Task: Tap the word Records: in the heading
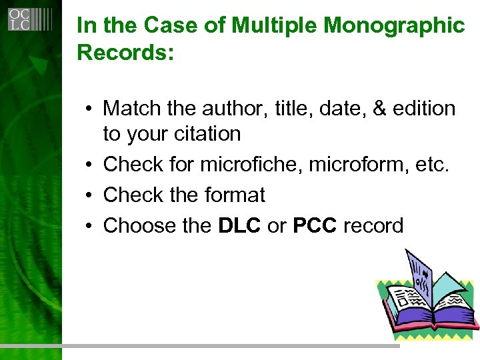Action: [125, 53]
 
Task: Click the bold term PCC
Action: [315, 226]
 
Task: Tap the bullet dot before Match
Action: [88, 109]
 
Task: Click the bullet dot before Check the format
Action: [88, 195]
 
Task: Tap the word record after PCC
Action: [373, 226]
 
